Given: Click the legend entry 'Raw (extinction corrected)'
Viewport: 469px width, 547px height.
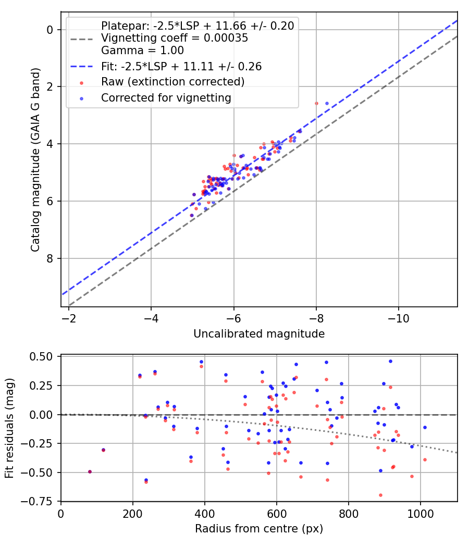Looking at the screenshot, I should (172, 82).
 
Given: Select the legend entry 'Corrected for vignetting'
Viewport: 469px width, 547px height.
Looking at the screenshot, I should (166, 97).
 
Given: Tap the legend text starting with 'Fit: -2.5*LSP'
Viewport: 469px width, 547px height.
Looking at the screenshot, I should (181, 66).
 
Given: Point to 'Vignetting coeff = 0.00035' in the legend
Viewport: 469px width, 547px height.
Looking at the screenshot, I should (175, 38).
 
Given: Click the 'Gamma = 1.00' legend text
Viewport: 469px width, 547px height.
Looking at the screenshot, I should (142, 51).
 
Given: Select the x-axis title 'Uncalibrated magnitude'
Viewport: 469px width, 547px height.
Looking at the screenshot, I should (259, 334).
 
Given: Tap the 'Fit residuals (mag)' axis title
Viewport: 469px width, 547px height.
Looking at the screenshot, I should (9, 428).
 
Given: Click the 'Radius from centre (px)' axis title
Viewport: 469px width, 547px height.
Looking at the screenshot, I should (259, 529).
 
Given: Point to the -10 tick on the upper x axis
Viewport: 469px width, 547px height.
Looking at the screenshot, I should (399, 317).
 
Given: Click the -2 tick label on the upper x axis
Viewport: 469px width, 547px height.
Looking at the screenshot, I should (69, 317).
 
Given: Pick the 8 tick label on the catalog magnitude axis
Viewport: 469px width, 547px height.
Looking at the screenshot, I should (50, 258).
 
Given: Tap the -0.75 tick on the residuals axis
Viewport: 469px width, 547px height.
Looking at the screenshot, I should (43, 501).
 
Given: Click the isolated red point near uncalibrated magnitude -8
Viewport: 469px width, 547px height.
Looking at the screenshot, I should (316, 103).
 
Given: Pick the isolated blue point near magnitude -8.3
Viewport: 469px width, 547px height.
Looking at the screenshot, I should (327, 103).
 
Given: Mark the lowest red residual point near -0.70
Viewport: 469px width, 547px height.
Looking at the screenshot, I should (380, 495).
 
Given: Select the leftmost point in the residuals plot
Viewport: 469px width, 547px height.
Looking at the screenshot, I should (90, 471).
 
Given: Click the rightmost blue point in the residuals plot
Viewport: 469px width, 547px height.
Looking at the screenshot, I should (425, 427).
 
